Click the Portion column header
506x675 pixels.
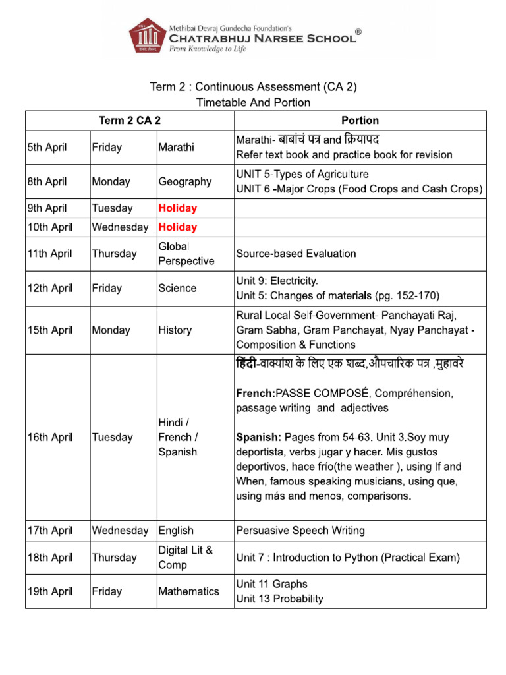360,121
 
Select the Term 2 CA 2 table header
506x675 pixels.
130,121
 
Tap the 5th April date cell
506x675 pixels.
47,148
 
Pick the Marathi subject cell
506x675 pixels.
177,148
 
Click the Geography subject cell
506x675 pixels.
185,181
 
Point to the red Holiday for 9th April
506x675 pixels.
178,208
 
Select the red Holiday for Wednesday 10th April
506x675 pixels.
178,227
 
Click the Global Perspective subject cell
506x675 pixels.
186,254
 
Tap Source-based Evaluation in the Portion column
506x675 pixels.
296,254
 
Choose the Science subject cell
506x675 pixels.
177,288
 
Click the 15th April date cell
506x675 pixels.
49,330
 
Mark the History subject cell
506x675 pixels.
175,330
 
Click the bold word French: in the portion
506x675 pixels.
256,394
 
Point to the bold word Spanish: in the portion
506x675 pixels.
258,438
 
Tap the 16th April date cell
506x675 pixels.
49,438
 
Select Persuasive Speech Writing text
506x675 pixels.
300,531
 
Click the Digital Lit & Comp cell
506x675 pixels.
186,558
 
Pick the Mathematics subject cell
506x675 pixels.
189,591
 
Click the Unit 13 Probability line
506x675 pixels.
280,599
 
